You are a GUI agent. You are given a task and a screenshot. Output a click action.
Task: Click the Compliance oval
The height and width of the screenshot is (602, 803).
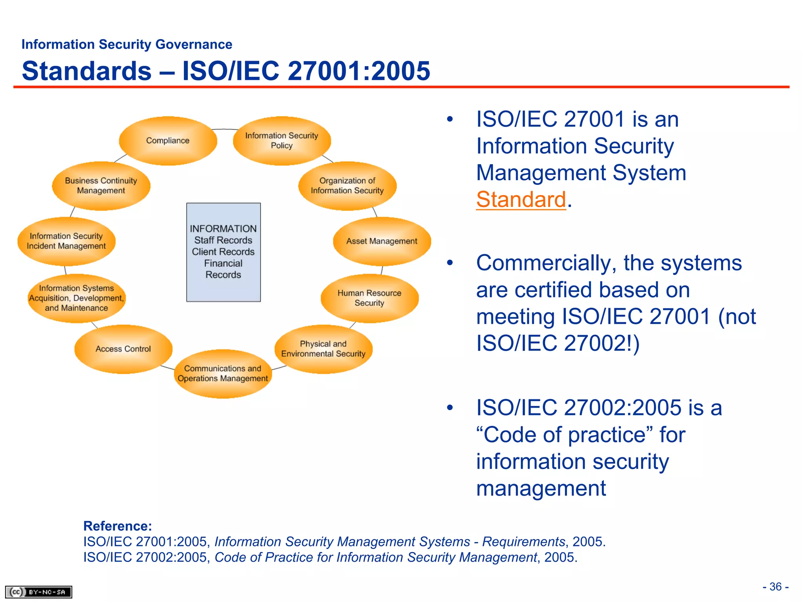[168, 141]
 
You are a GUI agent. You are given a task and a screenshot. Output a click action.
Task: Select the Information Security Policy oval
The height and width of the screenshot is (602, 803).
[282, 141]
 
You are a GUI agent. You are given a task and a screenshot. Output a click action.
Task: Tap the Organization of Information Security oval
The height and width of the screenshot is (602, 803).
[347, 186]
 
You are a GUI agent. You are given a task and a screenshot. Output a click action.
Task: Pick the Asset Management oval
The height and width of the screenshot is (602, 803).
[382, 241]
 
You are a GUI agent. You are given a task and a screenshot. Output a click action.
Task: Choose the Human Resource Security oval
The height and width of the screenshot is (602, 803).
[369, 298]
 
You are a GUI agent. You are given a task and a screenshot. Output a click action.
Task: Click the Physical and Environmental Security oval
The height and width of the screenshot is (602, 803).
[323, 349]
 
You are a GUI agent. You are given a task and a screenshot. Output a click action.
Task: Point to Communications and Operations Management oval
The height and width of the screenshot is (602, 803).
[223, 374]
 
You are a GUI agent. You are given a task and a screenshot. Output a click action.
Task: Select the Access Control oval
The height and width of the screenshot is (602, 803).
[123, 349]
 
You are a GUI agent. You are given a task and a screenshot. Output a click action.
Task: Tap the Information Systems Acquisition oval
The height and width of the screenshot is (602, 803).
[76, 298]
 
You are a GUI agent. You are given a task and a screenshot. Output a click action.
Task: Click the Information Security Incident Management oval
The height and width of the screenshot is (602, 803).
[66, 241]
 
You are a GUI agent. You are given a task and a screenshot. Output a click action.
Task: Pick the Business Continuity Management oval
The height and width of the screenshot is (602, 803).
[101, 186]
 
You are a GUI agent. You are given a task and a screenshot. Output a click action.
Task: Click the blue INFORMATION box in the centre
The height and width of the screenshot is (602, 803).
[223, 252]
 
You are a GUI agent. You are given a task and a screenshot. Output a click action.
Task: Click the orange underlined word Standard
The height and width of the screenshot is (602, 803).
[521, 199]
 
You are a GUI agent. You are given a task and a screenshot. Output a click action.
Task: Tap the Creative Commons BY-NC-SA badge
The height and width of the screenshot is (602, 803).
[38, 592]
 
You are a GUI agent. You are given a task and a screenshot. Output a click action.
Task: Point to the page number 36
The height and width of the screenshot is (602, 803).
[776, 587]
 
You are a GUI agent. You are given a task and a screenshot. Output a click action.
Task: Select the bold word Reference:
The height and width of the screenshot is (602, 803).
[118, 526]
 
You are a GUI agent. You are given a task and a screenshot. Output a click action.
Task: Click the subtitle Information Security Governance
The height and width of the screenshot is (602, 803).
[127, 45]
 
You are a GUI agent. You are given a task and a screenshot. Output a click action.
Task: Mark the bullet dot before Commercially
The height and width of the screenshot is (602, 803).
[450, 263]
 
